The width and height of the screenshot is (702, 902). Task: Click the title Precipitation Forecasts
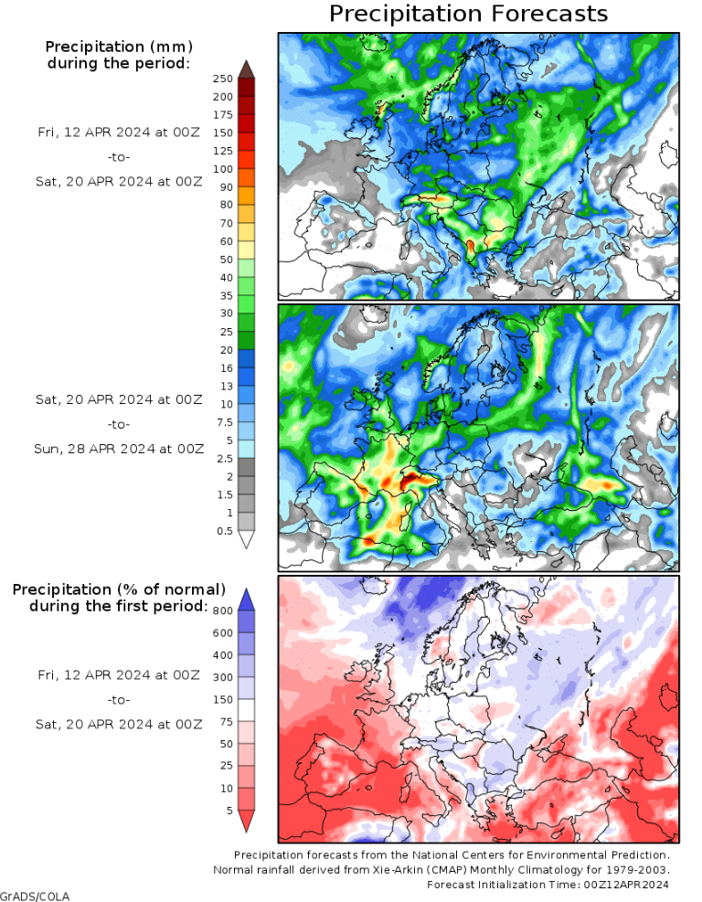[468, 14]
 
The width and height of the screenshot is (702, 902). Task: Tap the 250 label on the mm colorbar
[222, 80]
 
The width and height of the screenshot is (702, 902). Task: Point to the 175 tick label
[222, 115]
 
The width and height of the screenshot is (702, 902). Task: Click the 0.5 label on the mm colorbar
[224, 531]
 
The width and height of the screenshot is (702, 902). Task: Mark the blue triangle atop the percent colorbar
[246, 598]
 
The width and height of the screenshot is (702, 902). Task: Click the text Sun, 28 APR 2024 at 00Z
[120, 449]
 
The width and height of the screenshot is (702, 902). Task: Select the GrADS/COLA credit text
[35, 896]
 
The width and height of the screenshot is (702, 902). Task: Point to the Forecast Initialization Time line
[548, 885]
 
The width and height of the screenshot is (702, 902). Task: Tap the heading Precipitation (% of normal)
[119, 589]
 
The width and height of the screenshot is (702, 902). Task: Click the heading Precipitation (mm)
[119, 47]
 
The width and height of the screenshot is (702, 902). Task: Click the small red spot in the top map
[470, 245]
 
